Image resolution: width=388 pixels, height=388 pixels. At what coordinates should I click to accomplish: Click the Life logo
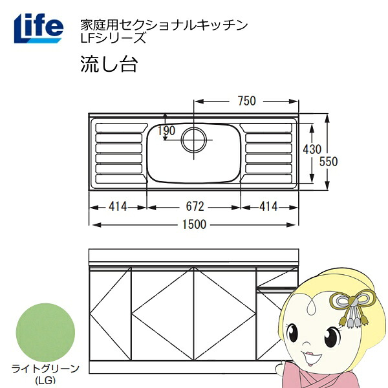pos(39,28)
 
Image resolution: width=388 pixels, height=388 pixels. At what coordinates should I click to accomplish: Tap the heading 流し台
pos(109,64)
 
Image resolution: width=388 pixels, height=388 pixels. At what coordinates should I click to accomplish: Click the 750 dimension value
pos(247,101)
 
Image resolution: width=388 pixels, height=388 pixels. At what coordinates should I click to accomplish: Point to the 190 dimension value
pos(167,131)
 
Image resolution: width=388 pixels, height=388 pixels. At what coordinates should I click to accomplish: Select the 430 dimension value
pos(312,149)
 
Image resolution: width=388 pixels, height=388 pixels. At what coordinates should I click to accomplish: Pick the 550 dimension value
pos(329,161)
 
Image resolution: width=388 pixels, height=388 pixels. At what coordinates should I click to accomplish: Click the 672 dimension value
pos(195,206)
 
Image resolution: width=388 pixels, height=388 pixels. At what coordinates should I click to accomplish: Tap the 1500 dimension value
pos(194,224)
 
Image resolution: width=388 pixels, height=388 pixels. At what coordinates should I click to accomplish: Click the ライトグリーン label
pos(45,369)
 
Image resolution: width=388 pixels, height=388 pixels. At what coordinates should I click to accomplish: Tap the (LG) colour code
pos(45,380)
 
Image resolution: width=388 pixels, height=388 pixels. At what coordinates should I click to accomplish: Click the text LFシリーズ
pos(113,38)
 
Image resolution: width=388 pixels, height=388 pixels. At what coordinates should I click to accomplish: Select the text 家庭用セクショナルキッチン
pos(164,25)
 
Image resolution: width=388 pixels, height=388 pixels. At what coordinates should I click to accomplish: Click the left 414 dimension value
pos(118,206)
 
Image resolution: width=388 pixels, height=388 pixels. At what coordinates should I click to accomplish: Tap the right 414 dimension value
pos(268,206)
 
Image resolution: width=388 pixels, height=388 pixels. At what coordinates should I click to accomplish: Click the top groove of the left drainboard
pos(122,127)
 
